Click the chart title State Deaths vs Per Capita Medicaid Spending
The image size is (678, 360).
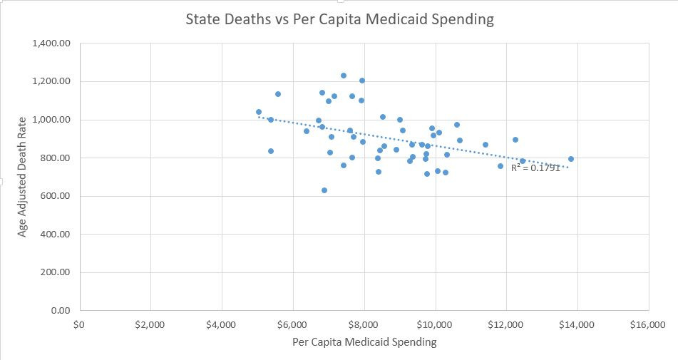339,19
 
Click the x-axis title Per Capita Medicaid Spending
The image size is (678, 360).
364,342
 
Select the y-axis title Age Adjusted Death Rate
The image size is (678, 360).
22,177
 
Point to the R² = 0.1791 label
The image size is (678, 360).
535,168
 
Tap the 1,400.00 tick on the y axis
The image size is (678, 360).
52,43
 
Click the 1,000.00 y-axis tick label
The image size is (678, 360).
52,120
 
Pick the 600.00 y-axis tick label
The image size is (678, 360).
56,196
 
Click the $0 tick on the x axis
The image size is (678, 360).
79,325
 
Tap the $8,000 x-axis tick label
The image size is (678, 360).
364,325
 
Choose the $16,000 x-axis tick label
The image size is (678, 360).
647,325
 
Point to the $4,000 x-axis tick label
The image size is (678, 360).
222,325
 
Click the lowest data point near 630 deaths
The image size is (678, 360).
324,190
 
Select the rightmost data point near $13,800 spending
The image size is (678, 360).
571,159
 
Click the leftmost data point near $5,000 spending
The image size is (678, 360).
259,112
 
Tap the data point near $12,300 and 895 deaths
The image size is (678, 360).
515,140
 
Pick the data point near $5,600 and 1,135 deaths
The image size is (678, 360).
278,94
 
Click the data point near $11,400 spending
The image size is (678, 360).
486,145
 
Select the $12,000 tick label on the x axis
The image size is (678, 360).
505,325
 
